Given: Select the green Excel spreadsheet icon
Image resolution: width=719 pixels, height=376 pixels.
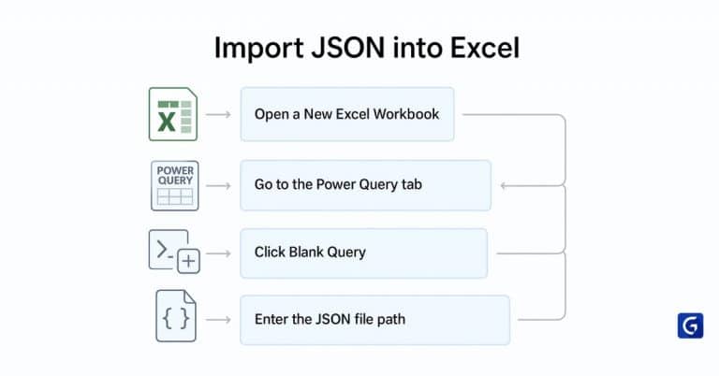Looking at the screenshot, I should [x=173, y=114].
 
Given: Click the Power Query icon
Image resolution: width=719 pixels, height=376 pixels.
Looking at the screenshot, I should [x=175, y=185].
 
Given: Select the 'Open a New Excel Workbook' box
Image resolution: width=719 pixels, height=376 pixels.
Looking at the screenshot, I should [x=346, y=114].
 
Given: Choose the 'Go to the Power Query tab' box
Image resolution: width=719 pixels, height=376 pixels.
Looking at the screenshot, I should [x=365, y=185].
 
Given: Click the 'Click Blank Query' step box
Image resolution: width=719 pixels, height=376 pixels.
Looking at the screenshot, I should [x=363, y=253].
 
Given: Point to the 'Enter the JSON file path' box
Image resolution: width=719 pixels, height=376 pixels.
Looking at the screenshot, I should [x=374, y=320].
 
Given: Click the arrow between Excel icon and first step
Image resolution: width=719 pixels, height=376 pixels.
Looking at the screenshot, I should [x=218, y=114].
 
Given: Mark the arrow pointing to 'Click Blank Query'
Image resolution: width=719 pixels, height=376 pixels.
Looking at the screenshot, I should [x=218, y=253].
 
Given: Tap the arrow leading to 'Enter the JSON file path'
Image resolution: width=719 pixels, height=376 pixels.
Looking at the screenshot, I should [x=218, y=320].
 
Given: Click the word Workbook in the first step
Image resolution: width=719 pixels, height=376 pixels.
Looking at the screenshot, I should [x=408, y=114].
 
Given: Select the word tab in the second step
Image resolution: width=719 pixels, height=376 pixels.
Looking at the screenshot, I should [x=410, y=185].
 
